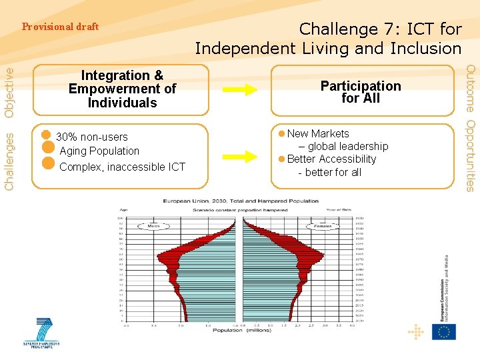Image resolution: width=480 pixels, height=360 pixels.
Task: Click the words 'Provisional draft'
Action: coord(60,27)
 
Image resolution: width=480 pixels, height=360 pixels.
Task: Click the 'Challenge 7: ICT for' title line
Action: coord(380,29)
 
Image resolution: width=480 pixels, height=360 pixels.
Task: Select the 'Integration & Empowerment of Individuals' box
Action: coord(122,89)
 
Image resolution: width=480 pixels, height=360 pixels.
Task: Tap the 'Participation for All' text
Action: coord(361,92)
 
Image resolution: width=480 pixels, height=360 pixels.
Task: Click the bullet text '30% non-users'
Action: coord(91,137)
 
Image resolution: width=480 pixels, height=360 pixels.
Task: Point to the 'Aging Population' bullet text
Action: coord(99,151)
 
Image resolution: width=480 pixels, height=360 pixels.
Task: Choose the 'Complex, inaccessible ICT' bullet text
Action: coord(122,167)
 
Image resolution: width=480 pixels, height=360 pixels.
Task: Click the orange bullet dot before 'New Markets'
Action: coord(282,134)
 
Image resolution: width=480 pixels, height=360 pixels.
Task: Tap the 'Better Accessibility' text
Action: coord(331,159)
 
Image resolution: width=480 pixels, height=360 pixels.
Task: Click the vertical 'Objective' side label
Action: coord(9,92)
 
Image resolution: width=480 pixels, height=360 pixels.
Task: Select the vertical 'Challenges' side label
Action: coord(9,160)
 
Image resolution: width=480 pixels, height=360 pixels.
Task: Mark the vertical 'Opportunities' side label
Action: coord(470,156)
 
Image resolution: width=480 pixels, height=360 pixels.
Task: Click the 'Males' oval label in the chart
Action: coord(153,226)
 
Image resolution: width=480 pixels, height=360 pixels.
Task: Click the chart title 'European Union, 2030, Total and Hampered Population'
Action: coord(241,201)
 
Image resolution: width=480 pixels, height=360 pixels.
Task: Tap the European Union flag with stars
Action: coord(443,331)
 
